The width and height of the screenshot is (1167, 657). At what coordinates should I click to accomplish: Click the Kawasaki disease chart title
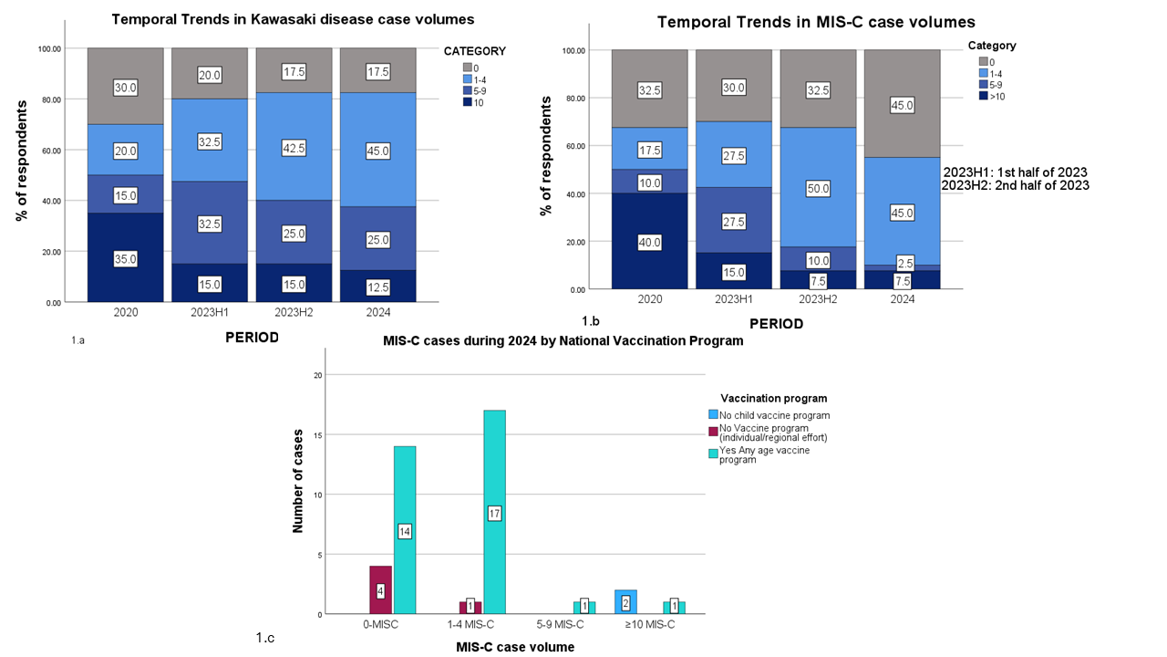(293, 19)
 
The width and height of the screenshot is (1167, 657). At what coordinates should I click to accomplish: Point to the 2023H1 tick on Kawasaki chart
(209, 312)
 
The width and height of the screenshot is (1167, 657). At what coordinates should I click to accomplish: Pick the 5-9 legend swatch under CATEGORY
(467, 90)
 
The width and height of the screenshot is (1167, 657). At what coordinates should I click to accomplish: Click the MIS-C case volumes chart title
(818, 22)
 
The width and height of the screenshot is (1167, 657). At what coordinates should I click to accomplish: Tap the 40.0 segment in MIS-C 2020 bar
(649, 242)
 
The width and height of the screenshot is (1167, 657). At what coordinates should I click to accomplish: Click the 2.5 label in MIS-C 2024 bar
(903, 263)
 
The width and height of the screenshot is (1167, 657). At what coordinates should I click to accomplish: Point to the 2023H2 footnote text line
(1016, 185)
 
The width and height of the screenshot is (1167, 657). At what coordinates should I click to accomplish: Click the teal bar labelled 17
(494, 513)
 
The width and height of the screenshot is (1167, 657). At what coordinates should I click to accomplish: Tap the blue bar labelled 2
(625, 602)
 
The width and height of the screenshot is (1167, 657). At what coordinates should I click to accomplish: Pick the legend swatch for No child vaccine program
(714, 415)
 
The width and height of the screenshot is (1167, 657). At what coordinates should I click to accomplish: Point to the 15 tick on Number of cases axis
(318, 434)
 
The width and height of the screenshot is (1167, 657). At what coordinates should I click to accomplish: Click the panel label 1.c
(264, 638)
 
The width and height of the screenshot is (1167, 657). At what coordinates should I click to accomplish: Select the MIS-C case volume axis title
(514, 647)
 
